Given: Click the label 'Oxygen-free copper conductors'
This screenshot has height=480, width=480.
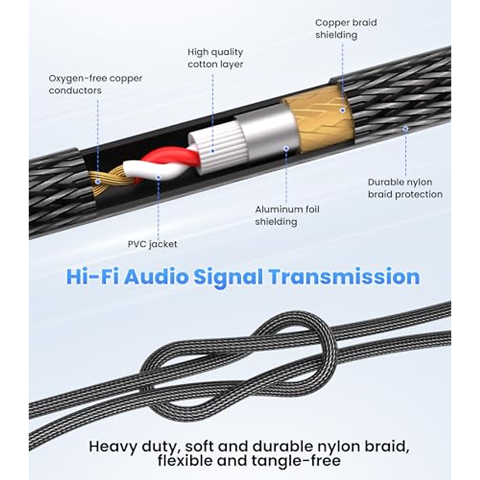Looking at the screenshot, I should (95, 84).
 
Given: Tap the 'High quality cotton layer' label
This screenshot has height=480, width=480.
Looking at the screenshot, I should (215, 58).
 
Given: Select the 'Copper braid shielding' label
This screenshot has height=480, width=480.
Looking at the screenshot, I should (346, 29).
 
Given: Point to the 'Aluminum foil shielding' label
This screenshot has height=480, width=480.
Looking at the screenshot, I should (287, 215).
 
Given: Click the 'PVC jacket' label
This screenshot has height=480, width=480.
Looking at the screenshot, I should (152, 244).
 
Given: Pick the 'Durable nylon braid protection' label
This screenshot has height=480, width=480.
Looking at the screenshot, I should (405, 188).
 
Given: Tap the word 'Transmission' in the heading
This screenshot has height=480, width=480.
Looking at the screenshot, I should (344, 277).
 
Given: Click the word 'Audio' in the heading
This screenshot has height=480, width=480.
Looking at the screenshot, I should (156, 277).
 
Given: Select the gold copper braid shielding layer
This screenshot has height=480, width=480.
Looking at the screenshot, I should (320, 120).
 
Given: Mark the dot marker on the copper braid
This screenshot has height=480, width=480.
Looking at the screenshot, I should (342, 110).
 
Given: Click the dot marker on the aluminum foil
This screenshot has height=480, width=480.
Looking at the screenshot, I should (286, 148).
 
